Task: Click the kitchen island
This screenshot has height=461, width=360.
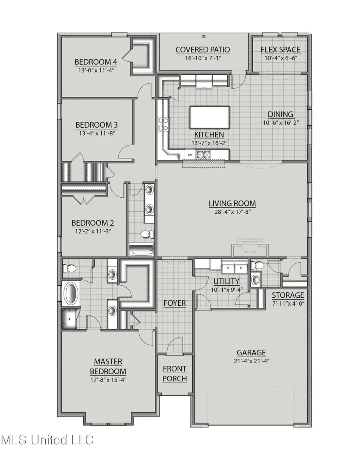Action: [x=209, y=117]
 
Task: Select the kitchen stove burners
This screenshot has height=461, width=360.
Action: [x=163, y=124]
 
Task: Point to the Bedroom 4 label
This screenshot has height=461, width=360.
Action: [x=96, y=62]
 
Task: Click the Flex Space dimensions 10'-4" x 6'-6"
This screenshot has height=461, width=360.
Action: [x=280, y=58]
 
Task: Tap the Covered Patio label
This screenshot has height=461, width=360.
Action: [x=203, y=50]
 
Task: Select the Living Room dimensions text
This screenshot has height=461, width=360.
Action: [x=232, y=212]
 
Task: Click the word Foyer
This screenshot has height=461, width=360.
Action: [x=174, y=303]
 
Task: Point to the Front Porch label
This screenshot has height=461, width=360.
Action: [x=175, y=373]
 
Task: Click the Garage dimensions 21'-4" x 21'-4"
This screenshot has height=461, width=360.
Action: [x=251, y=361]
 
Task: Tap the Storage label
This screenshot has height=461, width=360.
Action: [x=288, y=295]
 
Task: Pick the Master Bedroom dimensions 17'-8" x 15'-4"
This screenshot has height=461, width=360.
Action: [x=108, y=380]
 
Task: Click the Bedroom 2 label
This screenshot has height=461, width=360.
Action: [x=90, y=223]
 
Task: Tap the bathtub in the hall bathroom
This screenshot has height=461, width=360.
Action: [x=141, y=251]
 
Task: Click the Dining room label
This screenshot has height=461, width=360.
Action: [x=280, y=114]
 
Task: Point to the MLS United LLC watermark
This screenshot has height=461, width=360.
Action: [x=47, y=440]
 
